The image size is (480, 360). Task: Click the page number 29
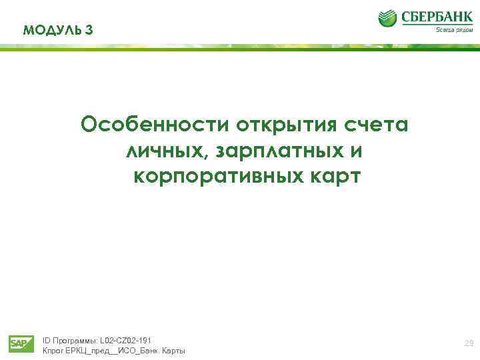[469, 344]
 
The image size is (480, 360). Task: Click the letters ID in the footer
[46, 340]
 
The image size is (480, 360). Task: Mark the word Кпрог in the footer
[53, 351]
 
